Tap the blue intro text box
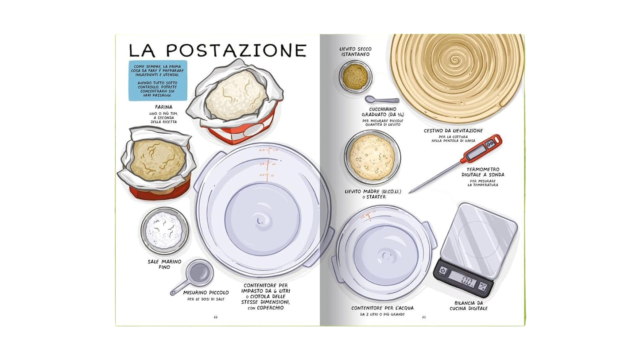[x=158, y=81]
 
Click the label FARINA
[x=163, y=107]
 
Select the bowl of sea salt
[x=164, y=230]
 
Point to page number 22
[x=216, y=317]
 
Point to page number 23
[x=423, y=317]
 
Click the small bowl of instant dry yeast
[x=355, y=75]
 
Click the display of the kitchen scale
[x=462, y=279]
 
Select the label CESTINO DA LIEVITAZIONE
[x=453, y=131]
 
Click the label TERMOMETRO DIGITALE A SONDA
[x=485, y=172]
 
